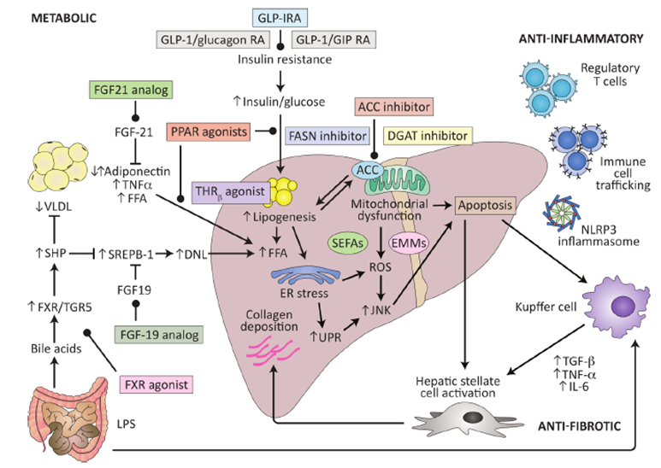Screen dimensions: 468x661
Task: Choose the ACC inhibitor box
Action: (392, 107)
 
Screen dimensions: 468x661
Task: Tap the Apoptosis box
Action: (487, 207)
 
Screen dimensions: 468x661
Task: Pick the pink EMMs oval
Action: (409, 244)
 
